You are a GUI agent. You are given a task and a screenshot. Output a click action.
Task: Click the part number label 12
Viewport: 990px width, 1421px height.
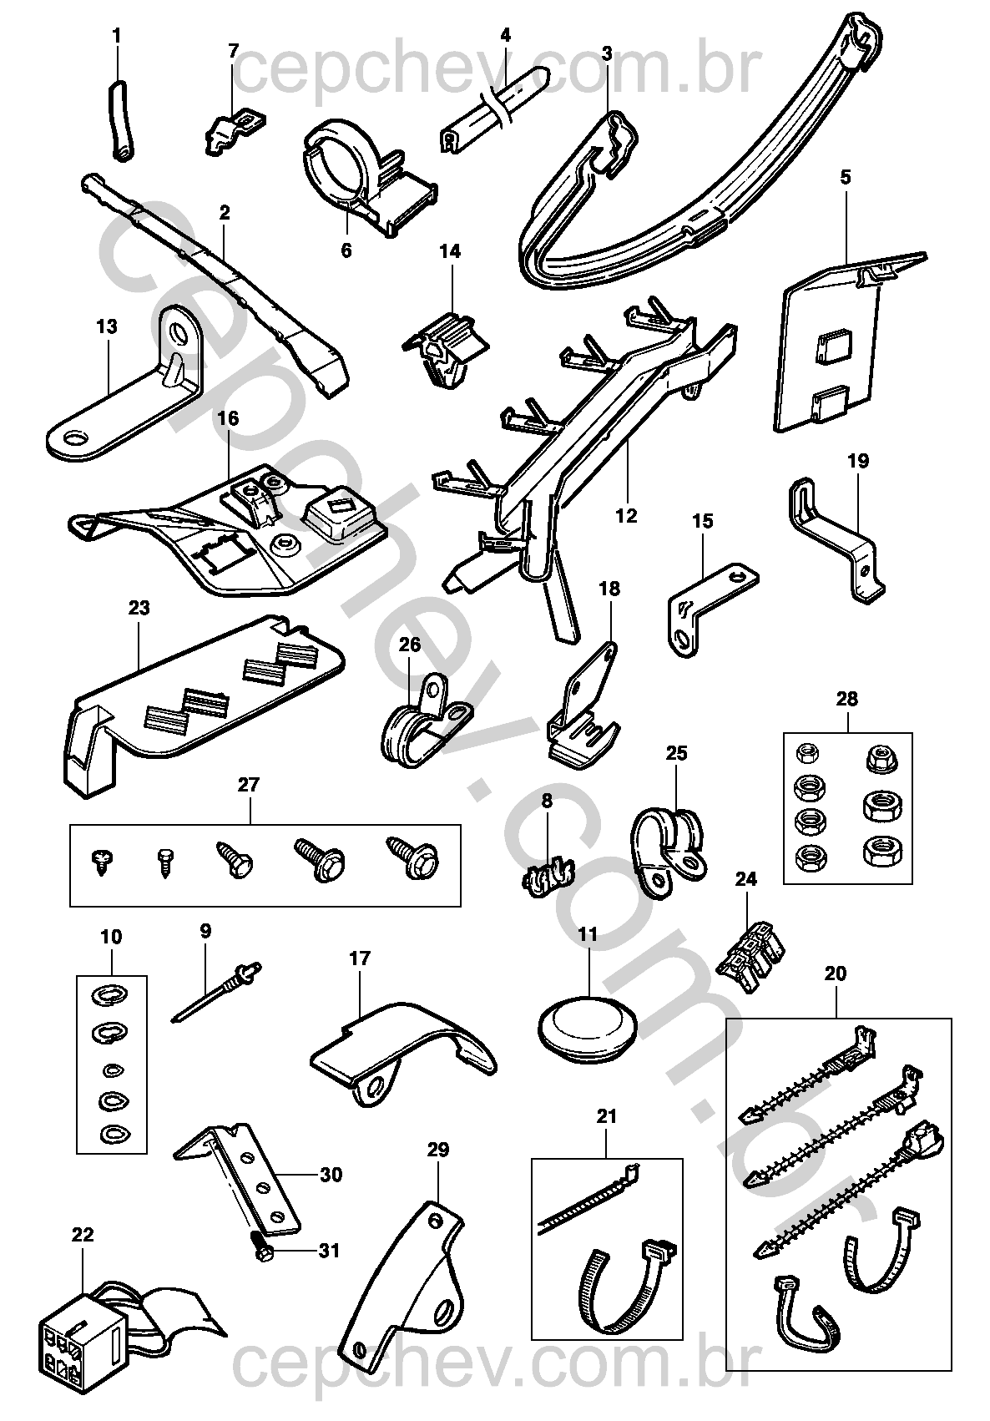[x=625, y=516]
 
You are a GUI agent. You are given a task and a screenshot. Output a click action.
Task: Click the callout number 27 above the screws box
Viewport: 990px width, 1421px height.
[x=248, y=785]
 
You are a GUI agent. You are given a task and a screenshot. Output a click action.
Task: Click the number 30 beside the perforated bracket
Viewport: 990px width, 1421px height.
[x=331, y=1175]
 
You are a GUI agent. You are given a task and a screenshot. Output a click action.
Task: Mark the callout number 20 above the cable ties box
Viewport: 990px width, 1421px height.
[x=834, y=973]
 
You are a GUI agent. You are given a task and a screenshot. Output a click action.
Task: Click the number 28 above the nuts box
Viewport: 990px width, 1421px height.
[x=846, y=699]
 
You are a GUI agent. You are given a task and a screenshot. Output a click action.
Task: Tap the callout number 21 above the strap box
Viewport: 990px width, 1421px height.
[x=607, y=1116]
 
